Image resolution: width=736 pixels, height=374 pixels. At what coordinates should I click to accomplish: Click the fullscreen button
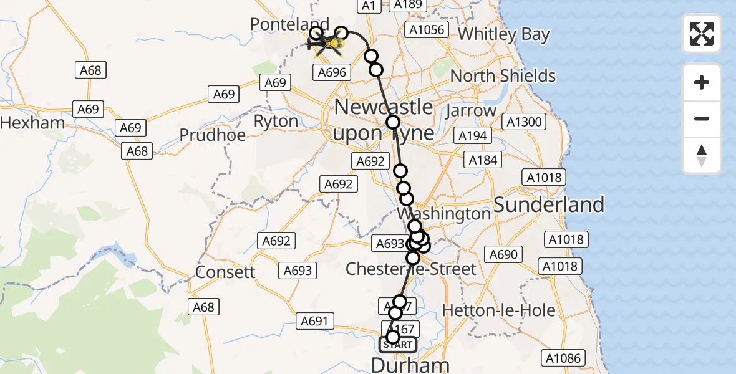point(702,34)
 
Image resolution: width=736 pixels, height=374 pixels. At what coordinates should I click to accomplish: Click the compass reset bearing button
point(702,155)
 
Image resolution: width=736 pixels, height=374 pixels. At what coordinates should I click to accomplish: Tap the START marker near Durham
point(398,344)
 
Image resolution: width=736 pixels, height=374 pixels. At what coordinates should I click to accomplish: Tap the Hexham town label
point(32,122)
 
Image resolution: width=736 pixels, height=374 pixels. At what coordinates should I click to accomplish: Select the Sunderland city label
point(549,204)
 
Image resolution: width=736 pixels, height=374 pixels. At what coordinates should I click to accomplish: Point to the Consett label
point(225,272)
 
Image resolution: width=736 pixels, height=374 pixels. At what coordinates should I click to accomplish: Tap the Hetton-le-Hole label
point(489,310)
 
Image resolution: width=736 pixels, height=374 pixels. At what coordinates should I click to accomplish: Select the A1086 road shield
point(563,358)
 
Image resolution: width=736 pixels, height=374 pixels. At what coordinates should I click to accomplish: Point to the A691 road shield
point(314,321)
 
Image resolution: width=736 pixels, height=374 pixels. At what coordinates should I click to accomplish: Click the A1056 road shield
point(427,29)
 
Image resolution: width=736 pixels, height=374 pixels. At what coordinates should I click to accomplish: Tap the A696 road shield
point(332,72)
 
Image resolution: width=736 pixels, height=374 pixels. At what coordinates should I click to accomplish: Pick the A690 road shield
point(503,254)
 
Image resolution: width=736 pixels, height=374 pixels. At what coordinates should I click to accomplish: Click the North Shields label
point(503,76)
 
